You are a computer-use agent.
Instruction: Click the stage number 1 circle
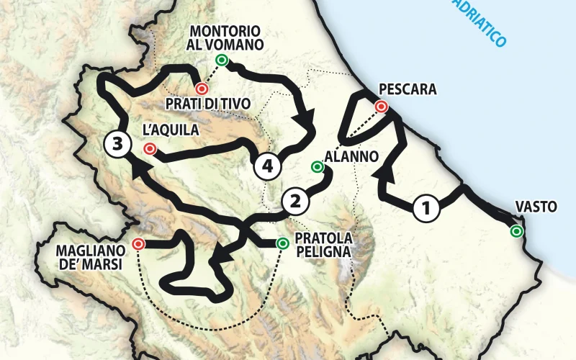tap(427, 209)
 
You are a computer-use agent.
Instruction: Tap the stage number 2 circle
tap(294, 201)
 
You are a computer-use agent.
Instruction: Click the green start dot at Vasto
tap(516, 231)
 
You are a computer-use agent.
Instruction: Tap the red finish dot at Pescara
tap(382, 107)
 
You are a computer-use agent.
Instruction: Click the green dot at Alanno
tap(317, 167)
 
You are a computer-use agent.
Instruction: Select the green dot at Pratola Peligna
tap(282, 243)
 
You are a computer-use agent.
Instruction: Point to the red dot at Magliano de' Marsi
tap(138, 244)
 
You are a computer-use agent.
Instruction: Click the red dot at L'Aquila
tap(150, 149)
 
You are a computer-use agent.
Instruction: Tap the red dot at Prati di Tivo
tap(202, 89)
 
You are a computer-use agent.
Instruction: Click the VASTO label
tap(536, 207)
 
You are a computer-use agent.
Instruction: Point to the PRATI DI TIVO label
tap(207, 104)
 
